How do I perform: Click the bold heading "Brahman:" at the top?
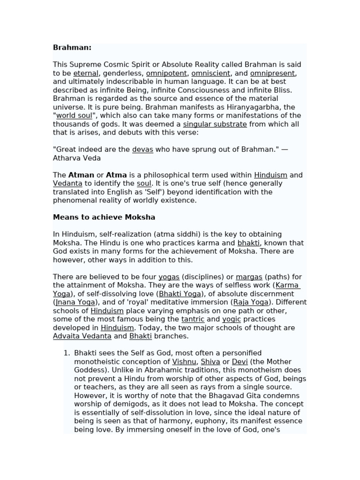(72, 47)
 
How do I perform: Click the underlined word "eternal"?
(86, 73)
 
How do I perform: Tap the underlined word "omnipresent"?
(272, 73)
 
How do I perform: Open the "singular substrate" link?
(215, 124)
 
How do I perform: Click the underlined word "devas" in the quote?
(142, 150)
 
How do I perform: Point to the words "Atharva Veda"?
(77, 158)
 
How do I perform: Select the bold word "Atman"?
(81, 175)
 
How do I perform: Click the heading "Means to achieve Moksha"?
(104, 217)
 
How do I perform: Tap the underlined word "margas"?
(249, 277)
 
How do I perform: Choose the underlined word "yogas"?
(169, 277)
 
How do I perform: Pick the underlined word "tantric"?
(193, 319)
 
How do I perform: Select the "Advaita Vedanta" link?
(82, 336)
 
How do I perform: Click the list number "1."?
(67, 353)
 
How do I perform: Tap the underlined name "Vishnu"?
(184, 361)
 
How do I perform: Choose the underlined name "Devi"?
(240, 361)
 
